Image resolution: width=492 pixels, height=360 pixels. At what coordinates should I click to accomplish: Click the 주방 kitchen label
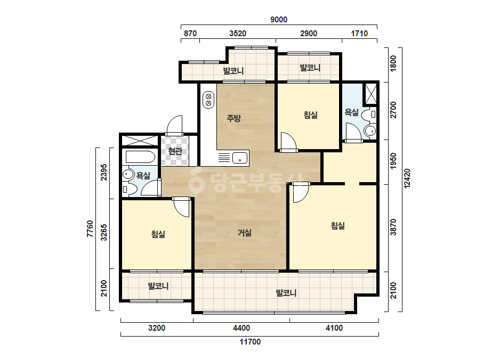(234, 118)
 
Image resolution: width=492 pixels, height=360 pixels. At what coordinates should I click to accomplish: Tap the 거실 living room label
(245, 233)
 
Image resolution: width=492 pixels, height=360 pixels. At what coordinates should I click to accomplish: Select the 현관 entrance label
(175, 151)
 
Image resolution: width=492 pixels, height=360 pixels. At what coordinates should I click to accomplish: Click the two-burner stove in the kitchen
(208, 100)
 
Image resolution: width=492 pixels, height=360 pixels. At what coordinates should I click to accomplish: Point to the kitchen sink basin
(240, 158)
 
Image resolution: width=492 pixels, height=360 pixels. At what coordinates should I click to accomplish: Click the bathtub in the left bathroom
(140, 157)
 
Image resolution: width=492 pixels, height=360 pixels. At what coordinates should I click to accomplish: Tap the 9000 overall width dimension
(279, 20)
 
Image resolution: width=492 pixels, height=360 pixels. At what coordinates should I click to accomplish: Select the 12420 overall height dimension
(407, 178)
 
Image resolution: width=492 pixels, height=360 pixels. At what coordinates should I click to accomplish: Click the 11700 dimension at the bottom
(250, 342)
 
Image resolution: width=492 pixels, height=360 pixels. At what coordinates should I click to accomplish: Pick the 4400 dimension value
(241, 328)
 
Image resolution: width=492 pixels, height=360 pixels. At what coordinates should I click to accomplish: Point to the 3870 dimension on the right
(393, 227)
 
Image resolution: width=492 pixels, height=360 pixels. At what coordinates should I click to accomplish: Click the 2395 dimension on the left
(104, 172)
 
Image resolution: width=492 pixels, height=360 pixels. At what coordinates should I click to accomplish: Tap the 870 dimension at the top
(190, 33)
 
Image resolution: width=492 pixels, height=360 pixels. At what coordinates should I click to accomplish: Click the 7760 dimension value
(90, 228)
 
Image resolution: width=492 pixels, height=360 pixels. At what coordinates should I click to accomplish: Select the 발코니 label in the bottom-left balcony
(158, 286)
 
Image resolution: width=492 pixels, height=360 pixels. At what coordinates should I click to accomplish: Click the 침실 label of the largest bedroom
(337, 225)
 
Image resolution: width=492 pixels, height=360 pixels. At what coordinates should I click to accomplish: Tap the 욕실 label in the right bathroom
(351, 112)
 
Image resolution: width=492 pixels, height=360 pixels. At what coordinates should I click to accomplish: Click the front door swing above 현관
(174, 126)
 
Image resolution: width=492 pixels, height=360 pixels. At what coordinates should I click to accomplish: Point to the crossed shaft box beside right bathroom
(370, 94)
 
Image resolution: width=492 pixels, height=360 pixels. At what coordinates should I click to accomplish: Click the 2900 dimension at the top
(309, 33)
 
